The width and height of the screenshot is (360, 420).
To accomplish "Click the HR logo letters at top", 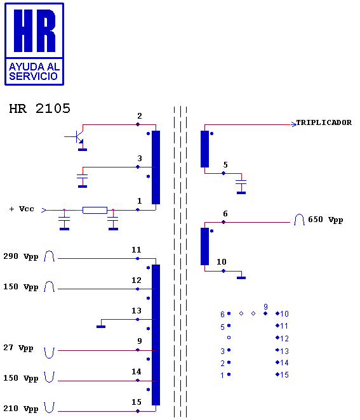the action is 34,30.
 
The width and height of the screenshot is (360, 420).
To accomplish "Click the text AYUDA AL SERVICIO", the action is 34,72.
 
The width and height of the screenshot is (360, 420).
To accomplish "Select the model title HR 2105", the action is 39,108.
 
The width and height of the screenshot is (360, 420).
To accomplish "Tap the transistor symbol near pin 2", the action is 79,137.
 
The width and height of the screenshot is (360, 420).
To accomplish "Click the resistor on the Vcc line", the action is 95,210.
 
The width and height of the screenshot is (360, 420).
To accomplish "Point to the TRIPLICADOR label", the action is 324,122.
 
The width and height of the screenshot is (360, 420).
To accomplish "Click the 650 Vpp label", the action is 326,220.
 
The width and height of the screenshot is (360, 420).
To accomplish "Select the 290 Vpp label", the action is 21,256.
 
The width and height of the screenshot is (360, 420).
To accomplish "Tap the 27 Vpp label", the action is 18,348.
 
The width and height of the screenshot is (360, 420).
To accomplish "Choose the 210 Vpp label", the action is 21,409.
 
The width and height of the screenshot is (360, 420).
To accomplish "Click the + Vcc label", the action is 22,209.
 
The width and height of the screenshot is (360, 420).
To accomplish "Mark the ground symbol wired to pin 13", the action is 101,327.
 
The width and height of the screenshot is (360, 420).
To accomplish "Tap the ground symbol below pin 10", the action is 241,278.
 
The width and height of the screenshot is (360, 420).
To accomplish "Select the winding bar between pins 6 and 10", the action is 205,246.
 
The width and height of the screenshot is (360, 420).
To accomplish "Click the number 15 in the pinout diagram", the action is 284,375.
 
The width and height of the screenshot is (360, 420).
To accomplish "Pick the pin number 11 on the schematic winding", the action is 136,250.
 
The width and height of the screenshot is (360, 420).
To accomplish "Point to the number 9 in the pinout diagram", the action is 265,306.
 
